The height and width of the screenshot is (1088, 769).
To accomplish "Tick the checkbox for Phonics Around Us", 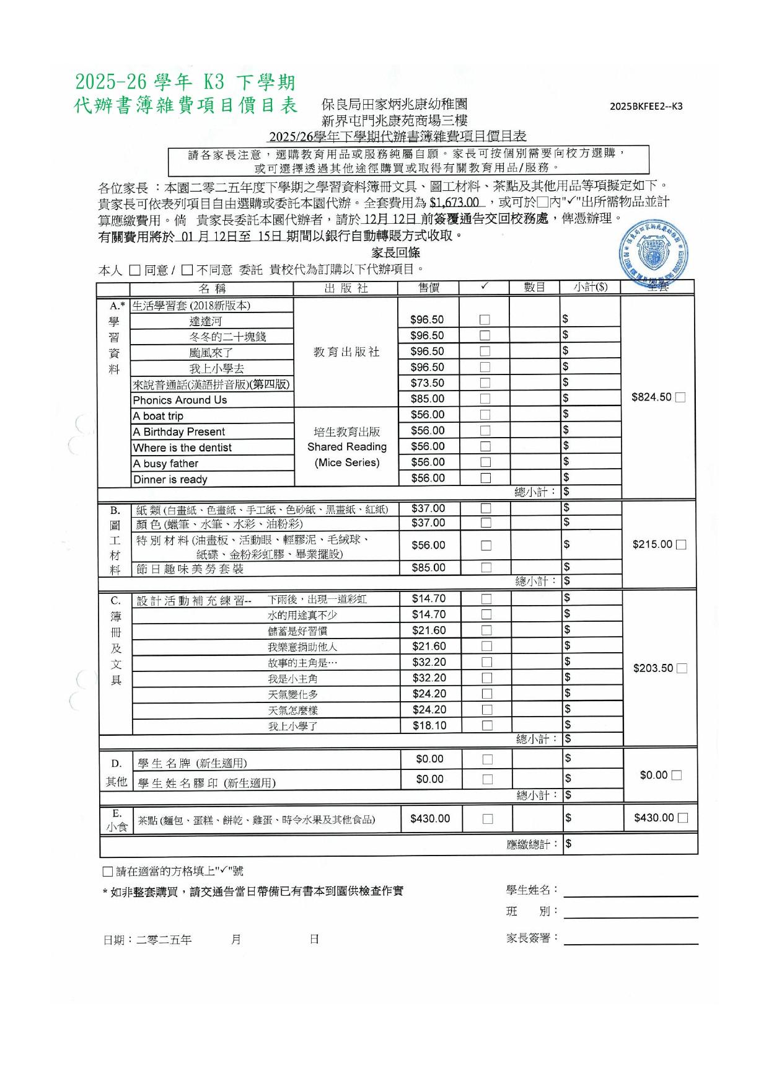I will [x=485, y=399].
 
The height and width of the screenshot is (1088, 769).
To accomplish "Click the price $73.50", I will [x=428, y=383].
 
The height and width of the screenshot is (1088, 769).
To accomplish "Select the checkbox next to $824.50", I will [x=680, y=397].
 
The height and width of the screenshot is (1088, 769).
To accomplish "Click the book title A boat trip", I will [x=158, y=416].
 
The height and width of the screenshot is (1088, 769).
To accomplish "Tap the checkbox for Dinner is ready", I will [x=486, y=478].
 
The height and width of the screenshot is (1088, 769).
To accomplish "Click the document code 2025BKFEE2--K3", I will [x=646, y=106].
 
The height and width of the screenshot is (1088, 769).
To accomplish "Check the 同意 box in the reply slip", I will [x=135, y=270].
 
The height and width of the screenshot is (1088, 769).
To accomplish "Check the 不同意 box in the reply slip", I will [x=187, y=270].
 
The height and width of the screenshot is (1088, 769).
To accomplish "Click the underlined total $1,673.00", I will [x=454, y=202].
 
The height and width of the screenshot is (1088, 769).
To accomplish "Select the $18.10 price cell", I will [x=429, y=725].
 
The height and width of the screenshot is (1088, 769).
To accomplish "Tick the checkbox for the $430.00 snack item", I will [x=488, y=819].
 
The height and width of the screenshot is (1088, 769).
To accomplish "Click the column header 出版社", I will [x=346, y=288].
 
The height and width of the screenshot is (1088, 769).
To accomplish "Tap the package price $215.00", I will [x=653, y=544].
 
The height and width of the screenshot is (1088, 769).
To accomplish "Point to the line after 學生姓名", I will [x=631, y=891].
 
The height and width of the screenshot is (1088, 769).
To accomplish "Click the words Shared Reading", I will [x=347, y=447].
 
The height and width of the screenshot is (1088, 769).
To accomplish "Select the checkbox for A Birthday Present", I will [x=485, y=430].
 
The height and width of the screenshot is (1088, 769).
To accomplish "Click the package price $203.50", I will [x=653, y=668].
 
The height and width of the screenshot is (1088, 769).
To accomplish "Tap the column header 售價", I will [x=429, y=288].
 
